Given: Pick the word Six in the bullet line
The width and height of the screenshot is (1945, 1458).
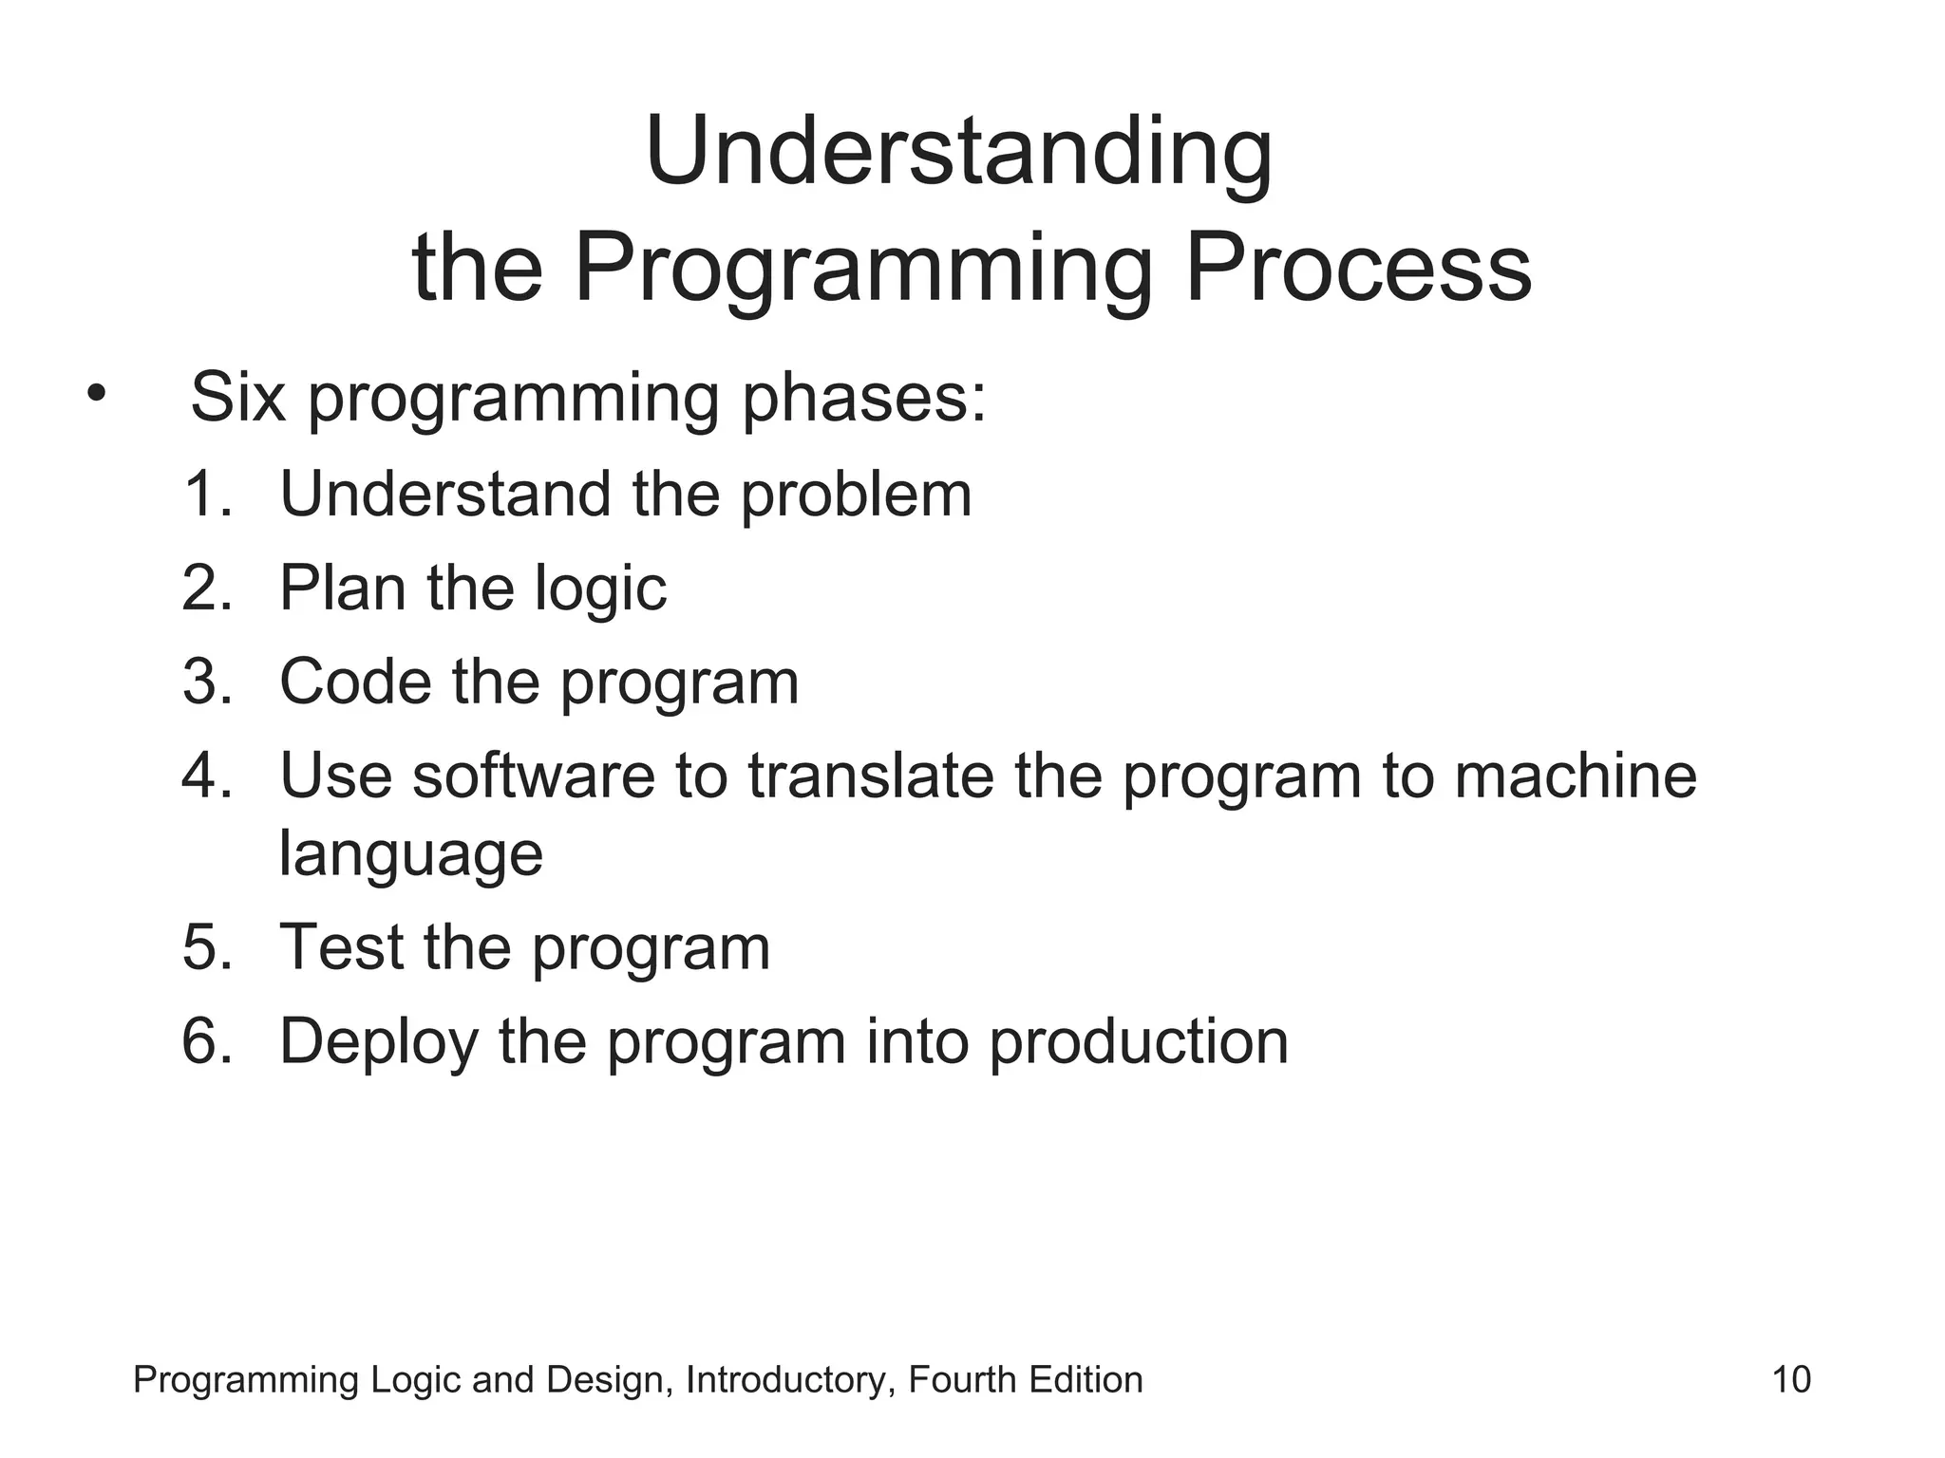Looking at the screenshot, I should pyautogui.click(x=237, y=397).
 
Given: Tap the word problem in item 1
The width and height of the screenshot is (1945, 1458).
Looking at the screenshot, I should pyautogui.click(x=856, y=495).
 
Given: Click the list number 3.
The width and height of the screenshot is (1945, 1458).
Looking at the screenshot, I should pyautogui.click(x=206, y=682).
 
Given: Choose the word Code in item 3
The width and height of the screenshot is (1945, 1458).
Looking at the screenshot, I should pyautogui.click(x=355, y=682).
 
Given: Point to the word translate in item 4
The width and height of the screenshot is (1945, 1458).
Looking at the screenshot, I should pyautogui.click(x=870, y=776).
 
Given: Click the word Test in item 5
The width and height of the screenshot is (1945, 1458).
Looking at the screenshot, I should pyautogui.click(x=342, y=947).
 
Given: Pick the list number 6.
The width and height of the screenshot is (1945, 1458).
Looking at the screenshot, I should pyautogui.click(x=206, y=1041).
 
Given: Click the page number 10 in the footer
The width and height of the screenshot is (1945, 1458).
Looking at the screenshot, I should pyautogui.click(x=1791, y=1379).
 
